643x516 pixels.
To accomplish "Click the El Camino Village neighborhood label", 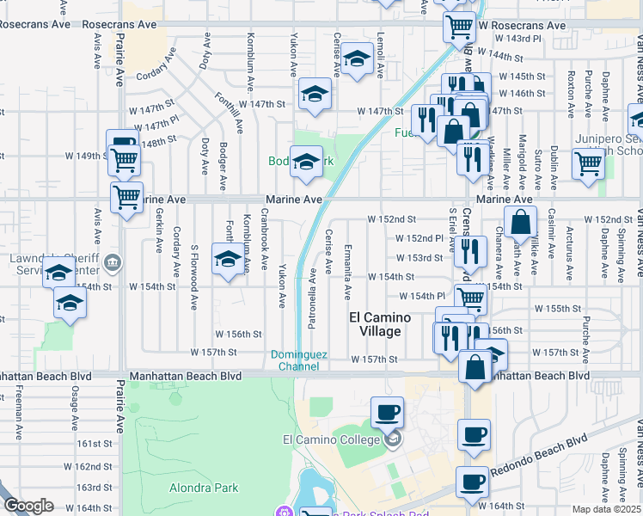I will coord(379,324).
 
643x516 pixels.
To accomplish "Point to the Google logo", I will coord(28,506).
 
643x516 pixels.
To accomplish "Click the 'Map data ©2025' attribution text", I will coord(607,509).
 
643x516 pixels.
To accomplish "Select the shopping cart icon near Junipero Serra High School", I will coord(588,161).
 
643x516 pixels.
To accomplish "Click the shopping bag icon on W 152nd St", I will coord(520,221).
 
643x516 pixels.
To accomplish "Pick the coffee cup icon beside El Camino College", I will coord(388,411).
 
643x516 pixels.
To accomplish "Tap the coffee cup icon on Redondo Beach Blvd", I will coord(473,482).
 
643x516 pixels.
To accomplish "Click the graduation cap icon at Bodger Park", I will coord(306,161).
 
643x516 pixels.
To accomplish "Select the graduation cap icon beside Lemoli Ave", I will coord(356,59).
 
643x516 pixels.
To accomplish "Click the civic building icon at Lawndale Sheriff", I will coord(113,261).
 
